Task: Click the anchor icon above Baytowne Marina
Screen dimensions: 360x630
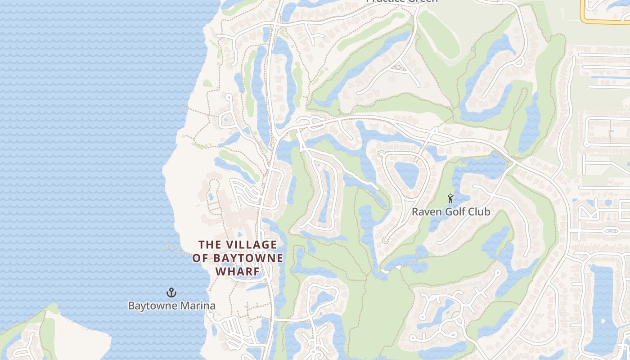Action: point(171,292)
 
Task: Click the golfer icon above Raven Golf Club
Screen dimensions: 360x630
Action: point(450,198)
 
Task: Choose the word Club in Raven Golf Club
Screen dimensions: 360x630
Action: point(479,211)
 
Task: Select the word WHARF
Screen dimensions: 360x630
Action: point(238,272)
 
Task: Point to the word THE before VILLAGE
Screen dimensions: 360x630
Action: point(210,245)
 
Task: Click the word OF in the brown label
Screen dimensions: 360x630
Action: point(200,258)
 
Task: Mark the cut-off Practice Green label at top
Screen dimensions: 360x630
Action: point(402,1)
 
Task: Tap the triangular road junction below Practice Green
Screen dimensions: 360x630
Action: point(399,67)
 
